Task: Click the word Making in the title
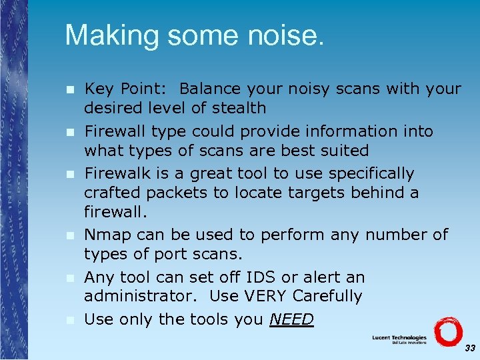(107, 36)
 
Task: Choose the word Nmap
(105, 235)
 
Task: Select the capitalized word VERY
(268, 296)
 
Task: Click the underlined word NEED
(291, 319)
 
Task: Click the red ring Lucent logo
(447, 331)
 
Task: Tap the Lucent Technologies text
(399, 338)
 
